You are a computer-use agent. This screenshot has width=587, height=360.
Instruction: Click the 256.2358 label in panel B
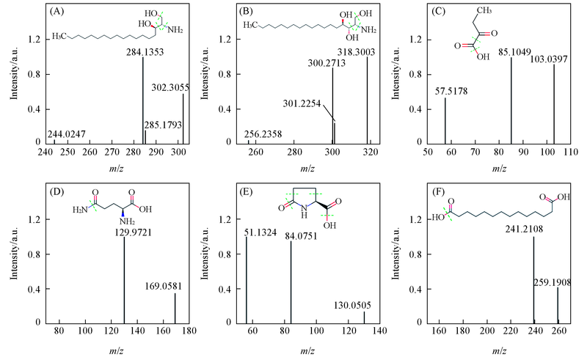coord(269,134)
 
